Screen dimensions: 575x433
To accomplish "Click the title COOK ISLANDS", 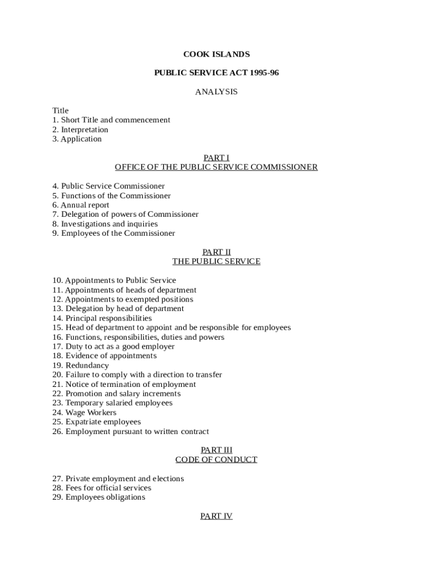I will coord(216,54).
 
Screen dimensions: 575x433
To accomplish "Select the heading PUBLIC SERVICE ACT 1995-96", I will coord(216,73).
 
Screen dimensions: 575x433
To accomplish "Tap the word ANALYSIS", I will coord(216,92).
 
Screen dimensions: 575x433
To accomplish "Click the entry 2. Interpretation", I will coord(80,130).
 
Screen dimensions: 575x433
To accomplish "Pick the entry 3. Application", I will coord(77,139).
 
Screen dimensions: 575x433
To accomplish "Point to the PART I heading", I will coord(216,158).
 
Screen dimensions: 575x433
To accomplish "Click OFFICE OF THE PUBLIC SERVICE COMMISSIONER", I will coord(216,167).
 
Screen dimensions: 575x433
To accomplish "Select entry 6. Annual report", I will coord(81,205).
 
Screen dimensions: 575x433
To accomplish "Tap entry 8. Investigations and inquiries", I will coord(105,224).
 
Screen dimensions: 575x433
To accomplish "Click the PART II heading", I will coord(216,252).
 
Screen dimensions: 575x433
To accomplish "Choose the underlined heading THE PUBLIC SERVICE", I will coord(216,262).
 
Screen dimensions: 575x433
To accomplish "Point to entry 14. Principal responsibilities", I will coord(102,318).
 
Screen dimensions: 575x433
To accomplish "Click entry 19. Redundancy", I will coord(80,366).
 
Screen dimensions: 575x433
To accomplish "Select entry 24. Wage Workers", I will coord(84,413).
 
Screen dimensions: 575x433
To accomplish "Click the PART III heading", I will coord(216,450).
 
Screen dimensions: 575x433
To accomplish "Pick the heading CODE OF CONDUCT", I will coord(216,459).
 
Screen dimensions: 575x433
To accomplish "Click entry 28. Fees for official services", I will coord(102,488).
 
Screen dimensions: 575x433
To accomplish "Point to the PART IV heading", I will coord(216,516).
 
